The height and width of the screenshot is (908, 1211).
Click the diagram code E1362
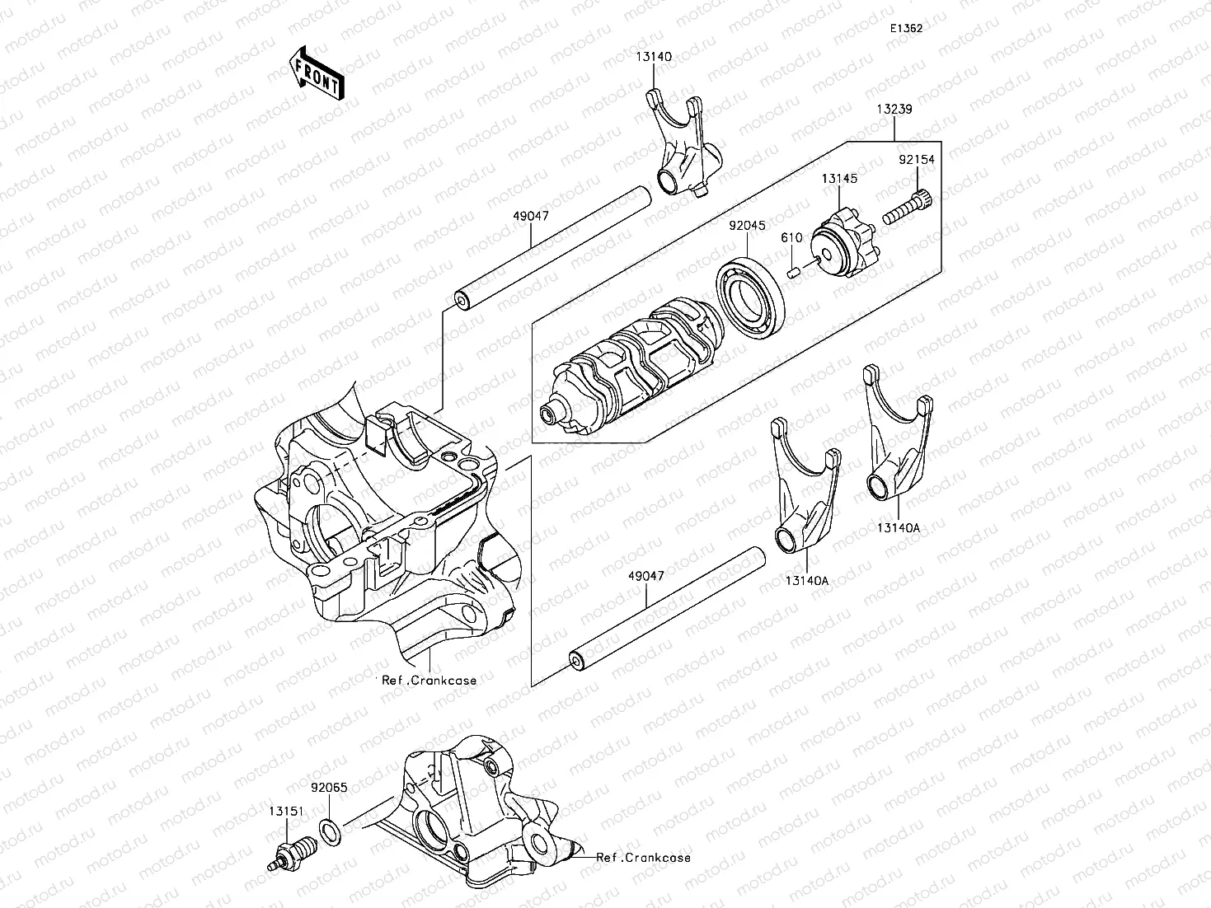pyautogui.click(x=905, y=27)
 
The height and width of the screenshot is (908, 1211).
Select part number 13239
pyautogui.click(x=894, y=109)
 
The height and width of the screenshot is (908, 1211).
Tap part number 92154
pyautogui.click(x=917, y=160)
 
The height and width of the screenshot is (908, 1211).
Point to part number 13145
pyautogui.click(x=839, y=178)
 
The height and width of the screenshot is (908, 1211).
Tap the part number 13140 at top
pyautogui.click(x=653, y=57)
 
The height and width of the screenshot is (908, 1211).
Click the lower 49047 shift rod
pyautogui.click(x=668, y=609)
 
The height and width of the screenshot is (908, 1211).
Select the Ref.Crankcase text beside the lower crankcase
pyautogui.click(x=644, y=858)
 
